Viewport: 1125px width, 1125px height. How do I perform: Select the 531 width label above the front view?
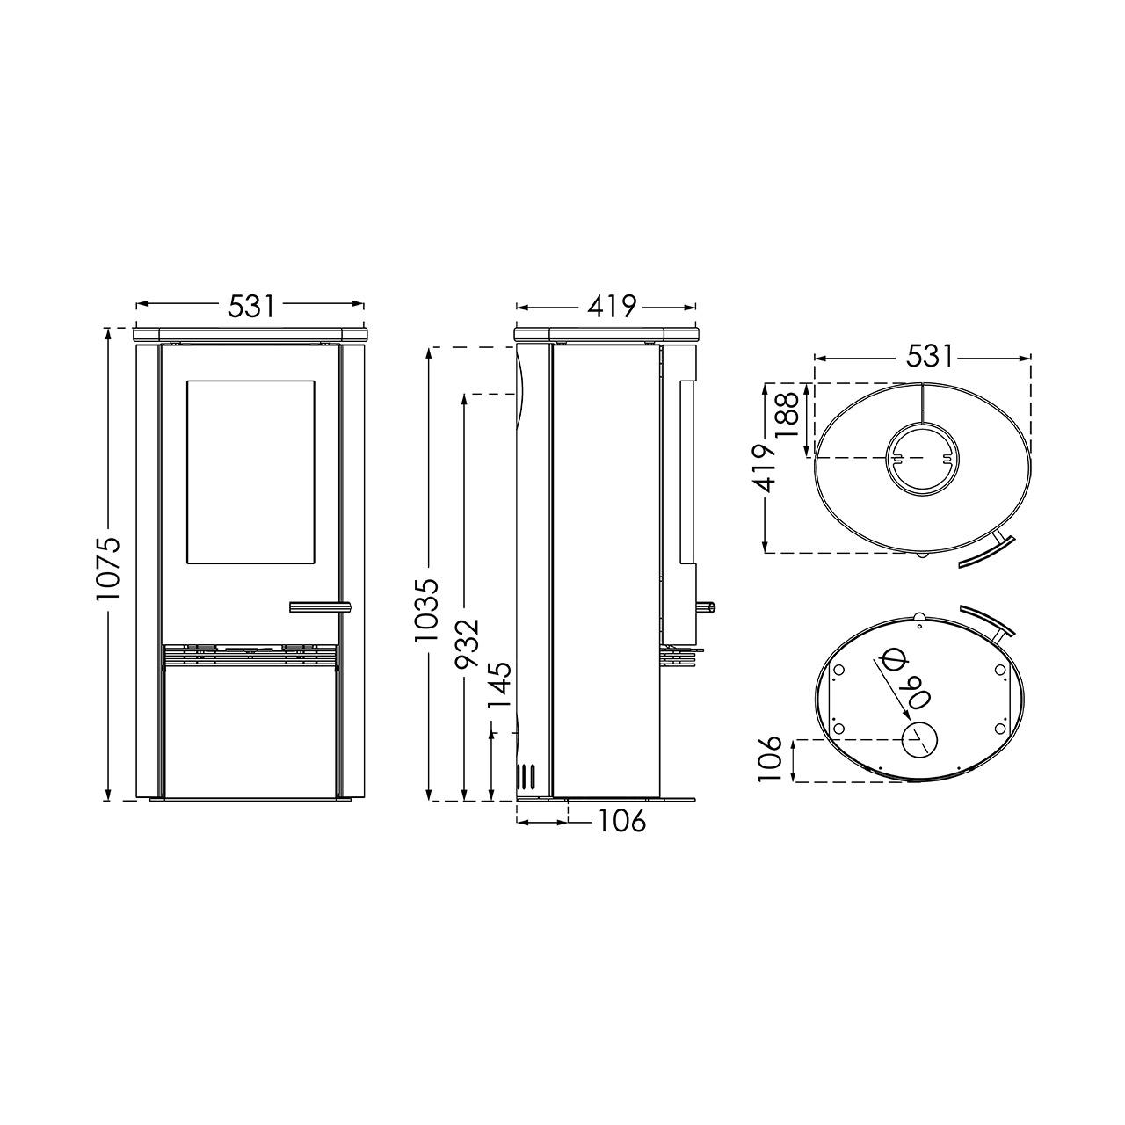[x=250, y=306]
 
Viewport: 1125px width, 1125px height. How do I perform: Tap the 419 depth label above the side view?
[x=611, y=307]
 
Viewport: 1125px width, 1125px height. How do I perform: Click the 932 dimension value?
[x=467, y=642]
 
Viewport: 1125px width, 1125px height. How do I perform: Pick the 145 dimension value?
[x=499, y=684]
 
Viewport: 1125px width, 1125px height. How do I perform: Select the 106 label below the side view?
[x=621, y=822]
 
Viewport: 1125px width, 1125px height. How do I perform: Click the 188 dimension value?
[x=787, y=416]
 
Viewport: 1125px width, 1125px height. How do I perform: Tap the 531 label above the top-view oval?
[x=929, y=356]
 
